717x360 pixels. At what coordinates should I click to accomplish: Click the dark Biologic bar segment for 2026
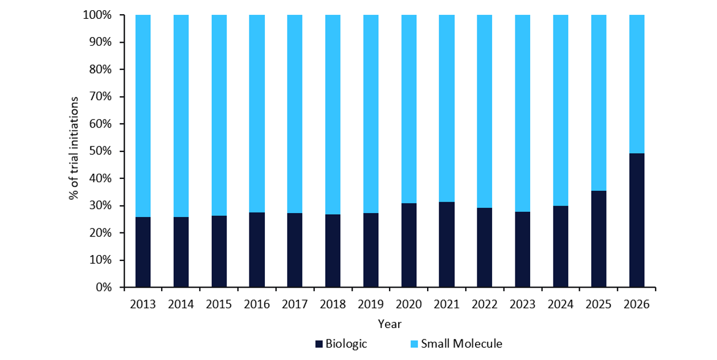pos(637,220)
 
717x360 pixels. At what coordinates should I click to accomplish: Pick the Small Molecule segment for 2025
pos(599,103)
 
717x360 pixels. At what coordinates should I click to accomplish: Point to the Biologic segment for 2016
pos(257,249)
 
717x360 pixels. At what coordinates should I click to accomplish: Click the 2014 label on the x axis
pos(181,305)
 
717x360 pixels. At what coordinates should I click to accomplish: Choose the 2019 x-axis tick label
pos(371,305)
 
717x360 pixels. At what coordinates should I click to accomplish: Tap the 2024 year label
pos(561,305)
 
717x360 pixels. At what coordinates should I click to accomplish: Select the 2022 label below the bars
pos(485,305)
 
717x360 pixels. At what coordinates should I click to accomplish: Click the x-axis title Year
pos(390,324)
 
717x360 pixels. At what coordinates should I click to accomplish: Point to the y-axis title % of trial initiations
pos(73,149)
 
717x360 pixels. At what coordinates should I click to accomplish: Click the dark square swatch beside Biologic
pos(319,344)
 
